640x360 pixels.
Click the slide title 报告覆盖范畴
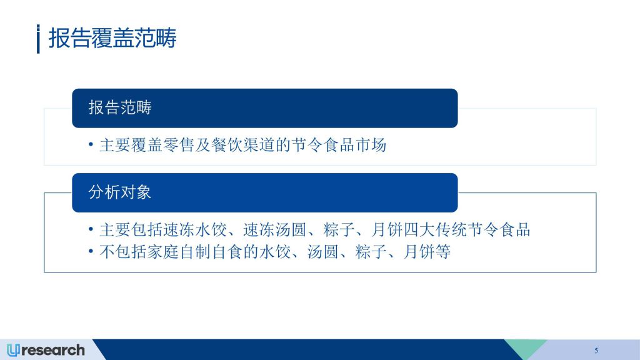tap(112, 38)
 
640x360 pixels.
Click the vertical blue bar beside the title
tap(38, 39)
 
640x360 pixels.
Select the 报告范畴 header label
tap(120, 107)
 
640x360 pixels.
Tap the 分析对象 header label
tap(120, 192)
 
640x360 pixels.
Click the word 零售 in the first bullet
tap(178, 145)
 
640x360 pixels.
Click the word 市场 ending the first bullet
tap(371, 145)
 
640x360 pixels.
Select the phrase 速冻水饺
tap(195, 230)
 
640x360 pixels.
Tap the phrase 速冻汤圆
tap(275, 230)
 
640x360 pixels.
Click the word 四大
tap(419, 230)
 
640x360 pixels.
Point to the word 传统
tap(451, 230)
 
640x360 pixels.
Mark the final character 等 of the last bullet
tap(443, 252)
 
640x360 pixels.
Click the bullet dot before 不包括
tap(91, 251)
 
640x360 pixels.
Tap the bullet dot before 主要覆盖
tap(91, 144)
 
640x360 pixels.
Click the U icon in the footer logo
tap(13, 350)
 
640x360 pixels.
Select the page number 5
tap(596, 351)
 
